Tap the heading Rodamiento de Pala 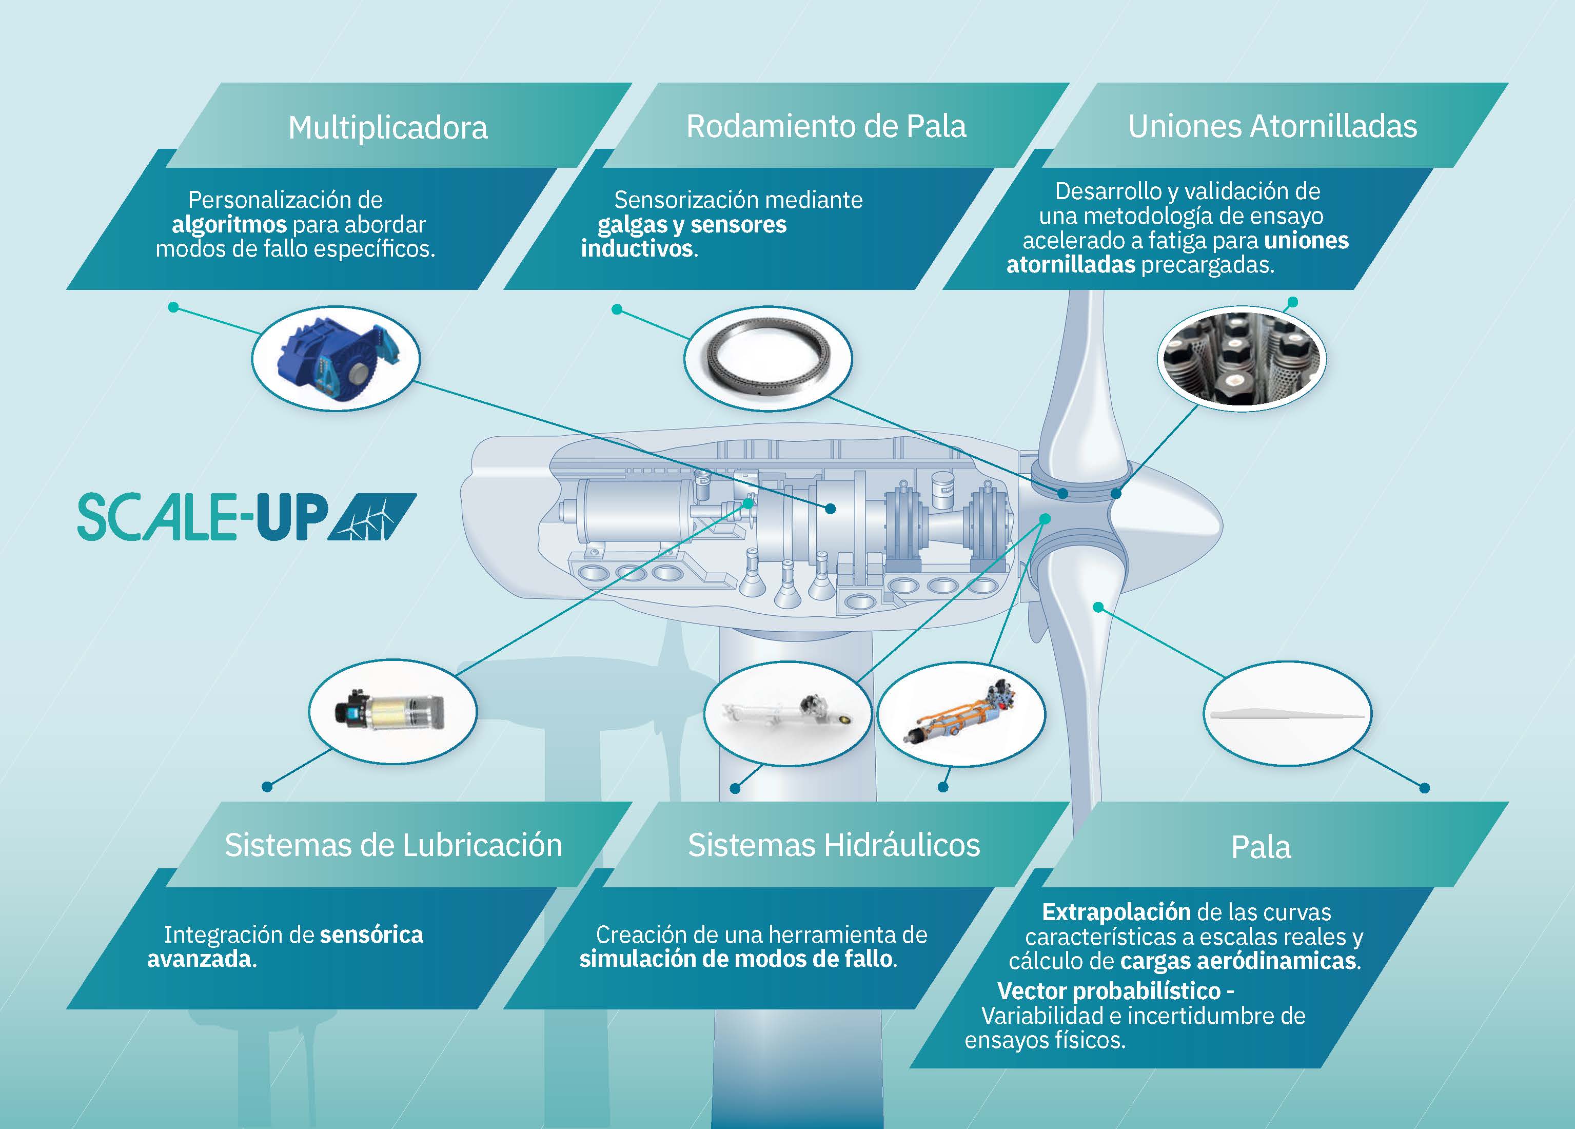coord(825,126)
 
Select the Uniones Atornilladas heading coord(1272,126)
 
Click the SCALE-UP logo coord(247,517)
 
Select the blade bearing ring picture coord(767,359)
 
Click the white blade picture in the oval coord(1287,714)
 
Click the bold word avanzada coord(200,960)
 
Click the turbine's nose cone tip coord(1222,523)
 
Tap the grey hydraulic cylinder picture coord(788,712)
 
